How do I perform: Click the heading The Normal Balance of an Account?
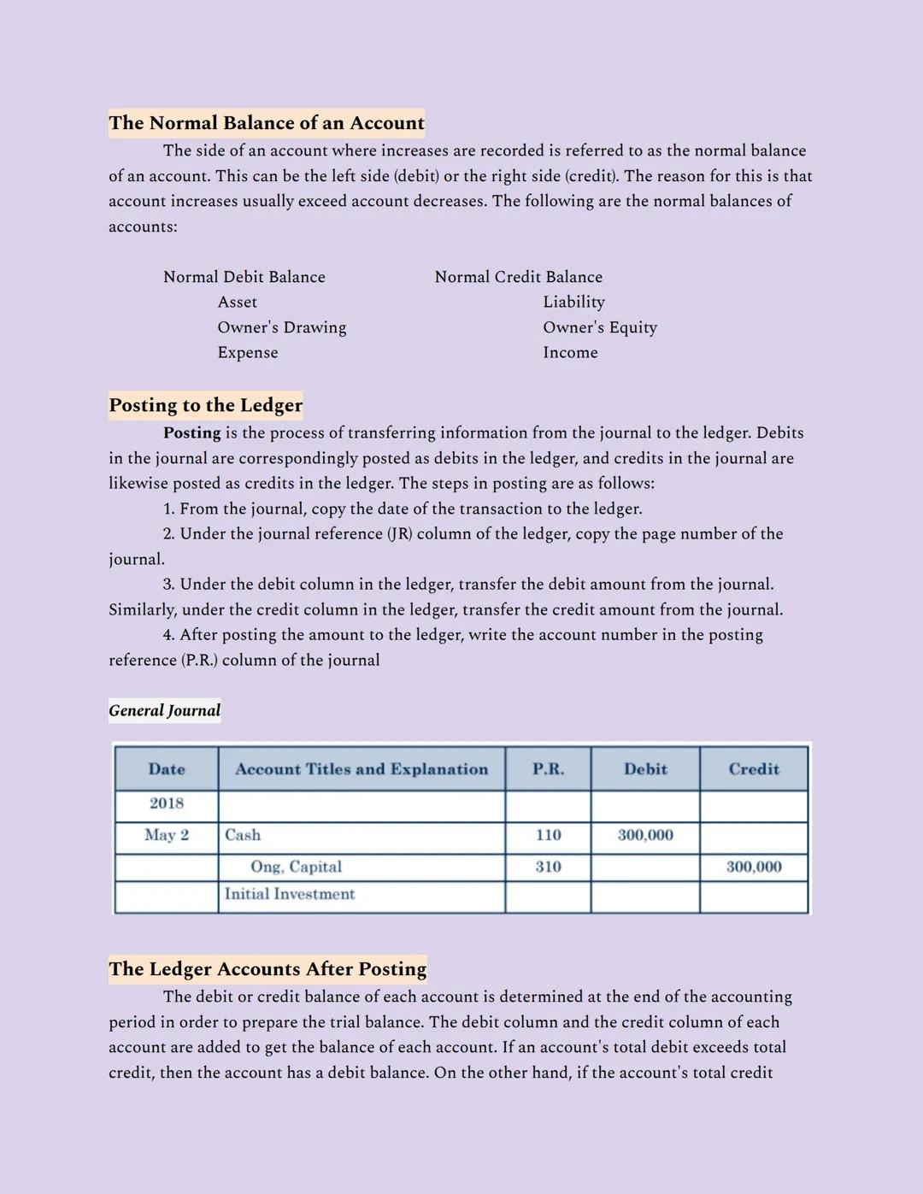coord(267,123)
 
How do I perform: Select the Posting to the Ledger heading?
coord(205,405)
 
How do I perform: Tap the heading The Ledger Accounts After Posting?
coord(267,969)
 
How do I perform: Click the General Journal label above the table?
coord(164,710)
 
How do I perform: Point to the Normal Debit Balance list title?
coord(244,277)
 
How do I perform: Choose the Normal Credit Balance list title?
coord(519,277)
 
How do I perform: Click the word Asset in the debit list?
coord(238,303)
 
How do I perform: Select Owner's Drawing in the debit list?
coord(282,327)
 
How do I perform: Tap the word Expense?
coord(248,353)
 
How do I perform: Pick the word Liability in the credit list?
coord(574,303)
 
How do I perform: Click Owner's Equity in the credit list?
coord(600,327)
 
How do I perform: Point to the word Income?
coord(571,353)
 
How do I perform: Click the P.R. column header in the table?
coord(548,769)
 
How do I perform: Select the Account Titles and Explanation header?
coord(362,769)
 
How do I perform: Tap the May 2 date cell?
coord(167,835)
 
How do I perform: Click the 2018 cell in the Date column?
coord(167,803)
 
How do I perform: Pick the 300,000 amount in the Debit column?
coord(645,835)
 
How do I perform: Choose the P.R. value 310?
coord(548,867)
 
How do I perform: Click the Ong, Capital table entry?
coord(296,867)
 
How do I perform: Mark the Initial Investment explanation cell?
coord(290,894)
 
